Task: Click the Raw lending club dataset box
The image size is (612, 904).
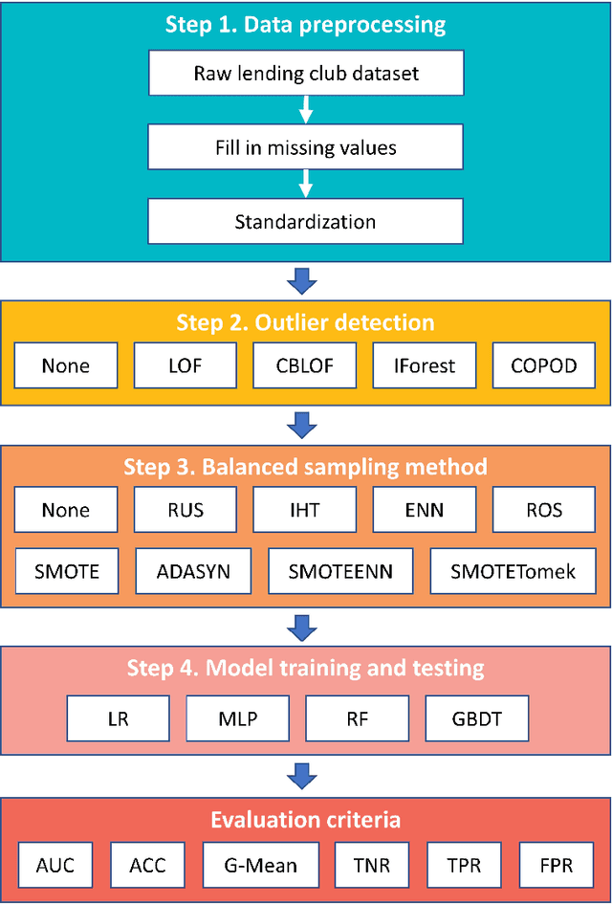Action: (305, 74)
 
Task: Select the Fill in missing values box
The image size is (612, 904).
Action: (305, 147)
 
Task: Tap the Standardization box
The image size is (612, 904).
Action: (305, 222)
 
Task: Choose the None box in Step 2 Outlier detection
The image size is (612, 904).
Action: (66, 365)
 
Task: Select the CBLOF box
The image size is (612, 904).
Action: (305, 365)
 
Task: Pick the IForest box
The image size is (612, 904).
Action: (425, 365)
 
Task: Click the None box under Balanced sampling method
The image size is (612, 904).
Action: (66, 509)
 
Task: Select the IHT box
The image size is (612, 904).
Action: (305, 509)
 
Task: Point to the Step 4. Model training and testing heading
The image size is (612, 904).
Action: (305, 667)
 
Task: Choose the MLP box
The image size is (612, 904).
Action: (237, 717)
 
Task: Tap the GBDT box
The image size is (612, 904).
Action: (476, 717)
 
